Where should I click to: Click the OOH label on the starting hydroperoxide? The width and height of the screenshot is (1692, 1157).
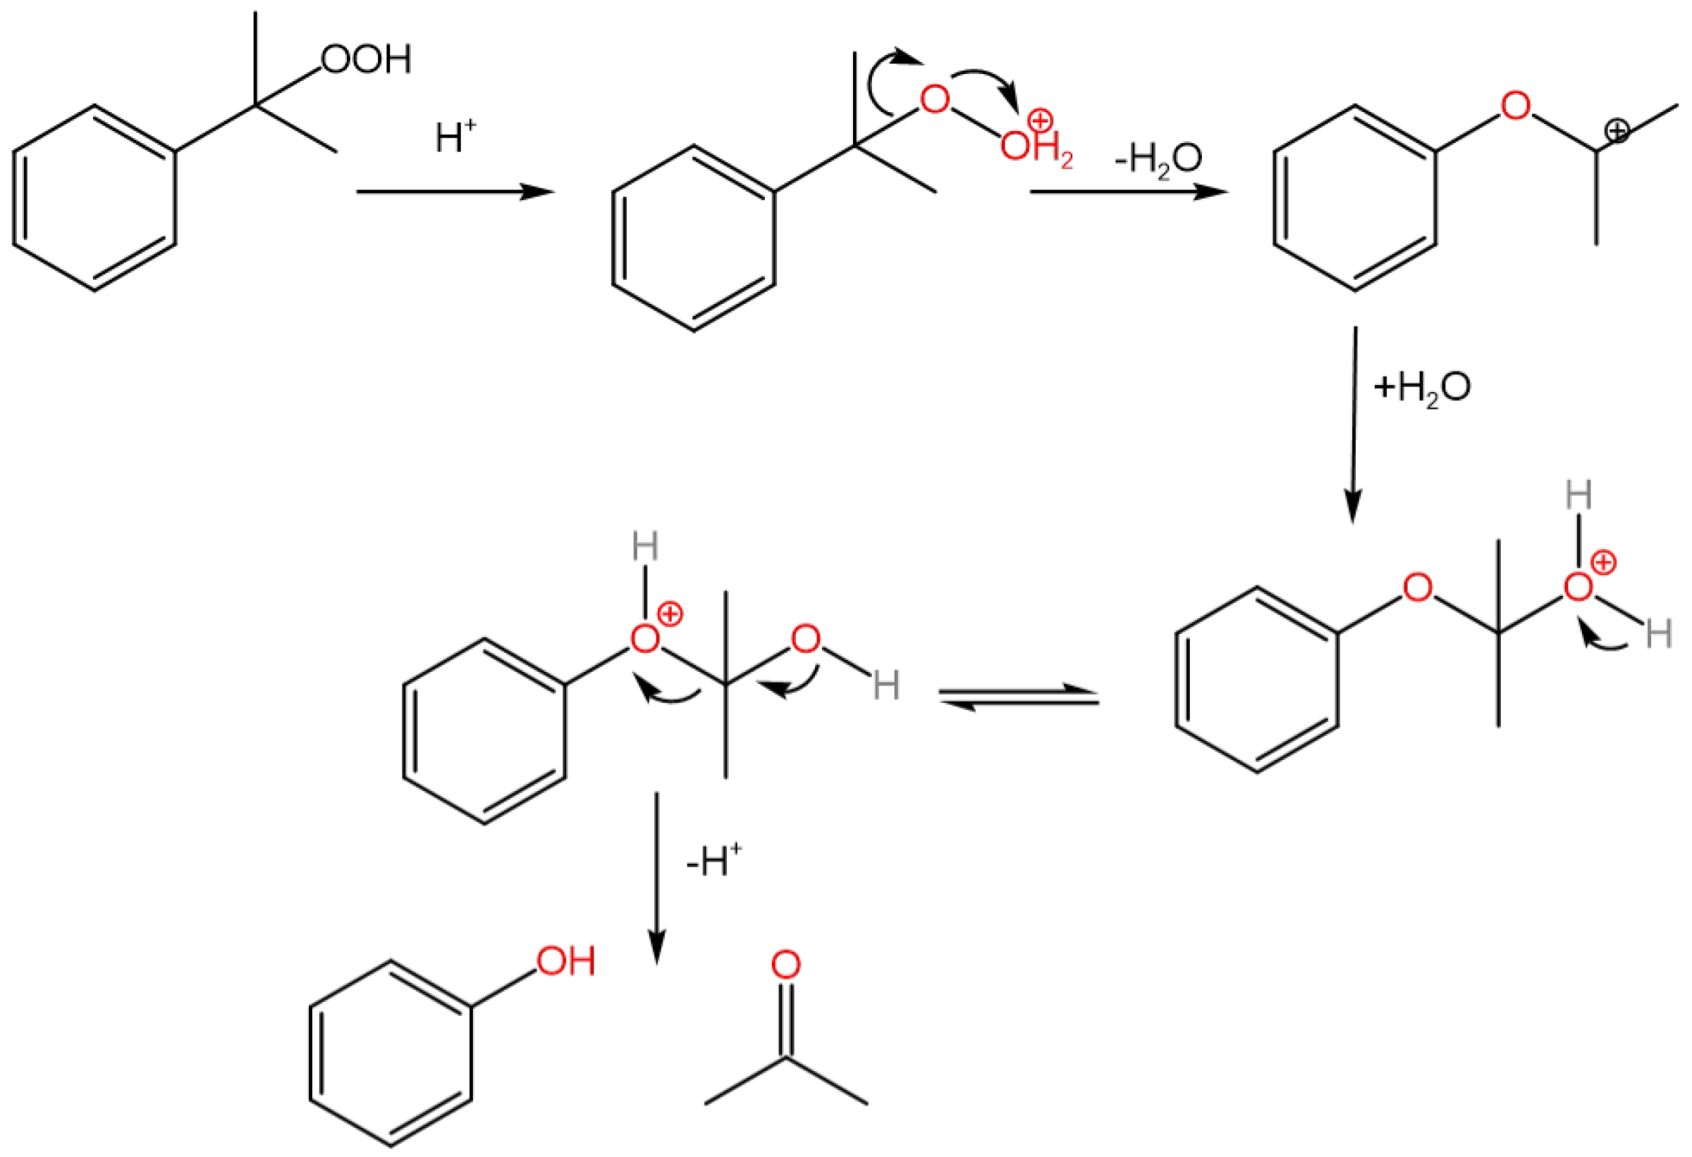pyautogui.click(x=365, y=59)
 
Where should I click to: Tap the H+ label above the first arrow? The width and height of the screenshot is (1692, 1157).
pyautogui.click(x=455, y=135)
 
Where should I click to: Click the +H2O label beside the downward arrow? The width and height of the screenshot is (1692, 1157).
pyautogui.click(x=1421, y=387)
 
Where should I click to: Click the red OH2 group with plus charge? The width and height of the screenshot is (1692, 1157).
pyautogui.click(x=1034, y=142)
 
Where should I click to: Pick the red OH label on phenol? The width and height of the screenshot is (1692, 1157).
pyautogui.click(x=566, y=961)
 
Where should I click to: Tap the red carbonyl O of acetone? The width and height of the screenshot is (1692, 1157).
pyautogui.click(x=785, y=965)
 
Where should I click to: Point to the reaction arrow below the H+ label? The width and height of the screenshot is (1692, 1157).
pyautogui.click(x=455, y=192)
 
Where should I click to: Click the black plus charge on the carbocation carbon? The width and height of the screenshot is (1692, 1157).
pyautogui.click(x=1617, y=131)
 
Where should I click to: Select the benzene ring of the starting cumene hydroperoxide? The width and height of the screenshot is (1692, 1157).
pyautogui.click(x=94, y=198)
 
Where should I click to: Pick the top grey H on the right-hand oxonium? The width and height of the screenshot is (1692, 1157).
pyautogui.click(x=1578, y=496)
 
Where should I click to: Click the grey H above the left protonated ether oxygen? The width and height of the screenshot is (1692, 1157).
pyautogui.click(x=645, y=546)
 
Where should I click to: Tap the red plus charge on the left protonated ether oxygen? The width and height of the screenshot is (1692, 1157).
pyautogui.click(x=670, y=616)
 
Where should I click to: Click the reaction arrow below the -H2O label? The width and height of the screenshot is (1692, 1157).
pyautogui.click(x=1129, y=192)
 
